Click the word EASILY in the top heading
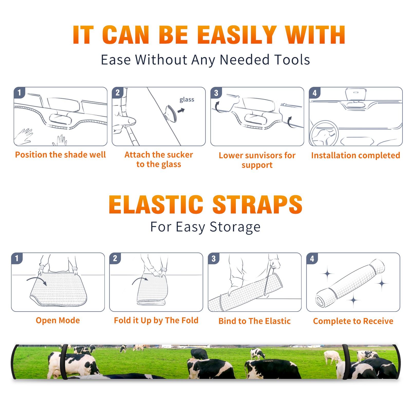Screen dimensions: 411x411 tap(237, 35)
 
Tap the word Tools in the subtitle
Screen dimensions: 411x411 tap(292, 60)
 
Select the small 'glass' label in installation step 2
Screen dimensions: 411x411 tap(187, 100)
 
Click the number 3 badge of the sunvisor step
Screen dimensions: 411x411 tap(216, 93)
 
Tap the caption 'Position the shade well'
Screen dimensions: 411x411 tap(60, 155)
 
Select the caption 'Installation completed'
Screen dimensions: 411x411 tap(356, 155)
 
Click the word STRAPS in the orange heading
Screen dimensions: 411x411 tap(257, 204)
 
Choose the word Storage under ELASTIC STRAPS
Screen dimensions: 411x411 tap(235, 227)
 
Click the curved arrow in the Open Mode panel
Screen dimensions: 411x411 tap(37, 280)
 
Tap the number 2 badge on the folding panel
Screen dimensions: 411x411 tap(115, 258)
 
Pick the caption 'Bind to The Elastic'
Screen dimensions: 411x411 tap(254, 321)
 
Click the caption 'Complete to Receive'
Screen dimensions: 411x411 tap(353, 321)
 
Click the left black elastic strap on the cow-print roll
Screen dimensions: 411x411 tap(64, 362)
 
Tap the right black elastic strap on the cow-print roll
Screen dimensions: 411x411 tap(346, 362)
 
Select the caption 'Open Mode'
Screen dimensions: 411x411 tap(58, 320)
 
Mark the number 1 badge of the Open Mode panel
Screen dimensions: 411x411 tap(17, 258)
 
